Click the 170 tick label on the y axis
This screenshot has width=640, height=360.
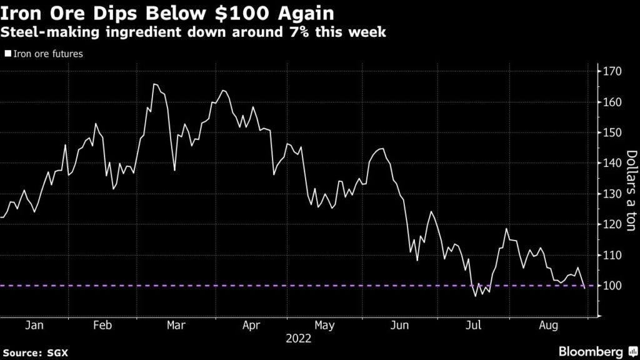coord(612,72)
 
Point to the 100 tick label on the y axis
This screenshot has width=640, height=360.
coord(612,286)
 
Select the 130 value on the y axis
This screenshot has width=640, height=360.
coord(612,194)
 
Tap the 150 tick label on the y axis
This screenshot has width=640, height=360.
coord(612,133)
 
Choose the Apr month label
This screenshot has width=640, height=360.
coord(251,325)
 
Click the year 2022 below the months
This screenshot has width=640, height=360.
coord(299,339)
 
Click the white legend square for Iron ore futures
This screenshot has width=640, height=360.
coord(7,54)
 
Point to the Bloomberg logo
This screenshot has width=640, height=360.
coord(591,350)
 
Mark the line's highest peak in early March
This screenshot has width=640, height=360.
coord(154,84)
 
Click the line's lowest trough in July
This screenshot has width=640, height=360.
coord(476,296)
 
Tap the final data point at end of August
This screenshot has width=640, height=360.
coord(584,289)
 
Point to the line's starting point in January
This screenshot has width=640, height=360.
coord(2,217)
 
